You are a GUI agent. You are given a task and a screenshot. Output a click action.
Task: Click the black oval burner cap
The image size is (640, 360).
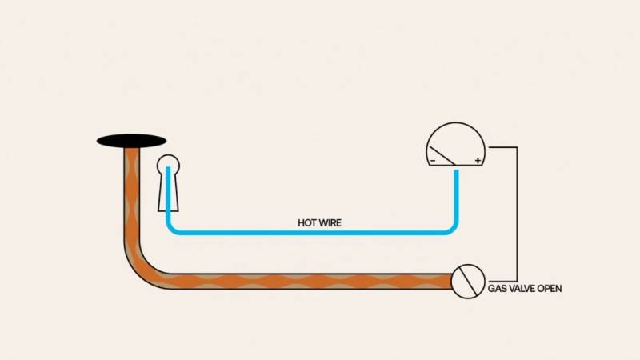pos(131,142)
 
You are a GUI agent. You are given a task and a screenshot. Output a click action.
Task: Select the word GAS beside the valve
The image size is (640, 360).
pos(497,289)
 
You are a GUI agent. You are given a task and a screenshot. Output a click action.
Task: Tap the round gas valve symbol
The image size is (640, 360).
pos(468,282)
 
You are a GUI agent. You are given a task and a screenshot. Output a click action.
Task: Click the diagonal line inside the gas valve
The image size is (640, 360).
pos(468,282)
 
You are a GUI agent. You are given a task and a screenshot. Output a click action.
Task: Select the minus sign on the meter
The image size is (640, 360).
pos(433,161)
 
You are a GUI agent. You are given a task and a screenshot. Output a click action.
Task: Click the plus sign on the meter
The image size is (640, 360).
pos(478,161)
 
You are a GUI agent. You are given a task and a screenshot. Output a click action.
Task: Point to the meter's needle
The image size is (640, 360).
pos(442,156)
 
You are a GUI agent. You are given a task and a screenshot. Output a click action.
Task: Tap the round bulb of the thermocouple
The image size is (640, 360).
pos(168,164)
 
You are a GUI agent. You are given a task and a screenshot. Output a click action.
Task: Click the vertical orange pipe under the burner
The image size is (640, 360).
pos(131,196)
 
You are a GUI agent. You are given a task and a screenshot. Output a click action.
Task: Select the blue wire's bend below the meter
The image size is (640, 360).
pos(451,228)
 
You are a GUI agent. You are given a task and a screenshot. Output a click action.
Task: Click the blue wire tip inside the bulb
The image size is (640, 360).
pos(168,168)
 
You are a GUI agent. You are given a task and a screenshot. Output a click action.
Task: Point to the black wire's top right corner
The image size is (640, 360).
pos(517,147)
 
